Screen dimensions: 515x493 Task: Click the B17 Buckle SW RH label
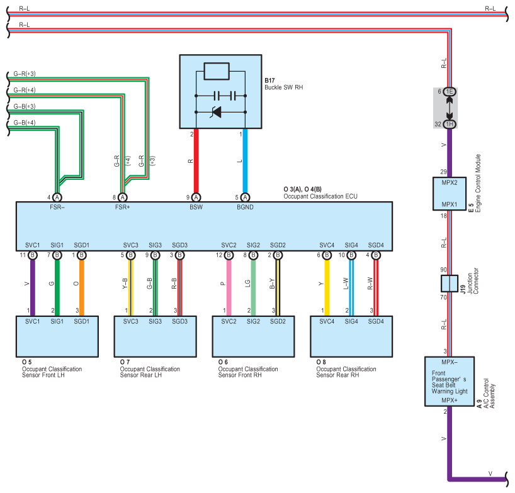click(x=284, y=84)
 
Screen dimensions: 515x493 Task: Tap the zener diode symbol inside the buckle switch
click(x=217, y=112)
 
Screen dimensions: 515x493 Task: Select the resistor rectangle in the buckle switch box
click(x=217, y=71)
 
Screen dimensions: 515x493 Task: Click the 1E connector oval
click(x=450, y=92)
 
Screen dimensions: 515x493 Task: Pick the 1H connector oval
click(x=450, y=124)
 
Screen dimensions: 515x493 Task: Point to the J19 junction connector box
click(x=450, y=284)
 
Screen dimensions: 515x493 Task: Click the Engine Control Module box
click(x=450, y=194)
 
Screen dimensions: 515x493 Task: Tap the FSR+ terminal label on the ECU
click(x=123, y=208)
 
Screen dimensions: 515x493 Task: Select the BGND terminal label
click(x=245, y=208)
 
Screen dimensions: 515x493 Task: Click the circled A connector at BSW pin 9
click(x=196, y=197)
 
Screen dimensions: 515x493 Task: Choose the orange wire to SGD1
click(x=82, y=287)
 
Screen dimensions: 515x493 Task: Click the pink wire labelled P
click(x=229, y=287)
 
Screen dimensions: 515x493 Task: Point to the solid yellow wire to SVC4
click(x=327, y=287)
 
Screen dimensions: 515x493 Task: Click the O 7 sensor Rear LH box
click(x=156, y=336)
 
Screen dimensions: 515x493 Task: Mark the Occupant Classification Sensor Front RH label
click(x=248, y=372)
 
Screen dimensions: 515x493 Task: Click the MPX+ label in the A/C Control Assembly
click(x=450, y=401)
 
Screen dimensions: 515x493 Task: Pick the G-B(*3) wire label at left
click(x=25, y=106)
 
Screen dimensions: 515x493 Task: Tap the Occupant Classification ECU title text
click(x=320, y=196)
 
